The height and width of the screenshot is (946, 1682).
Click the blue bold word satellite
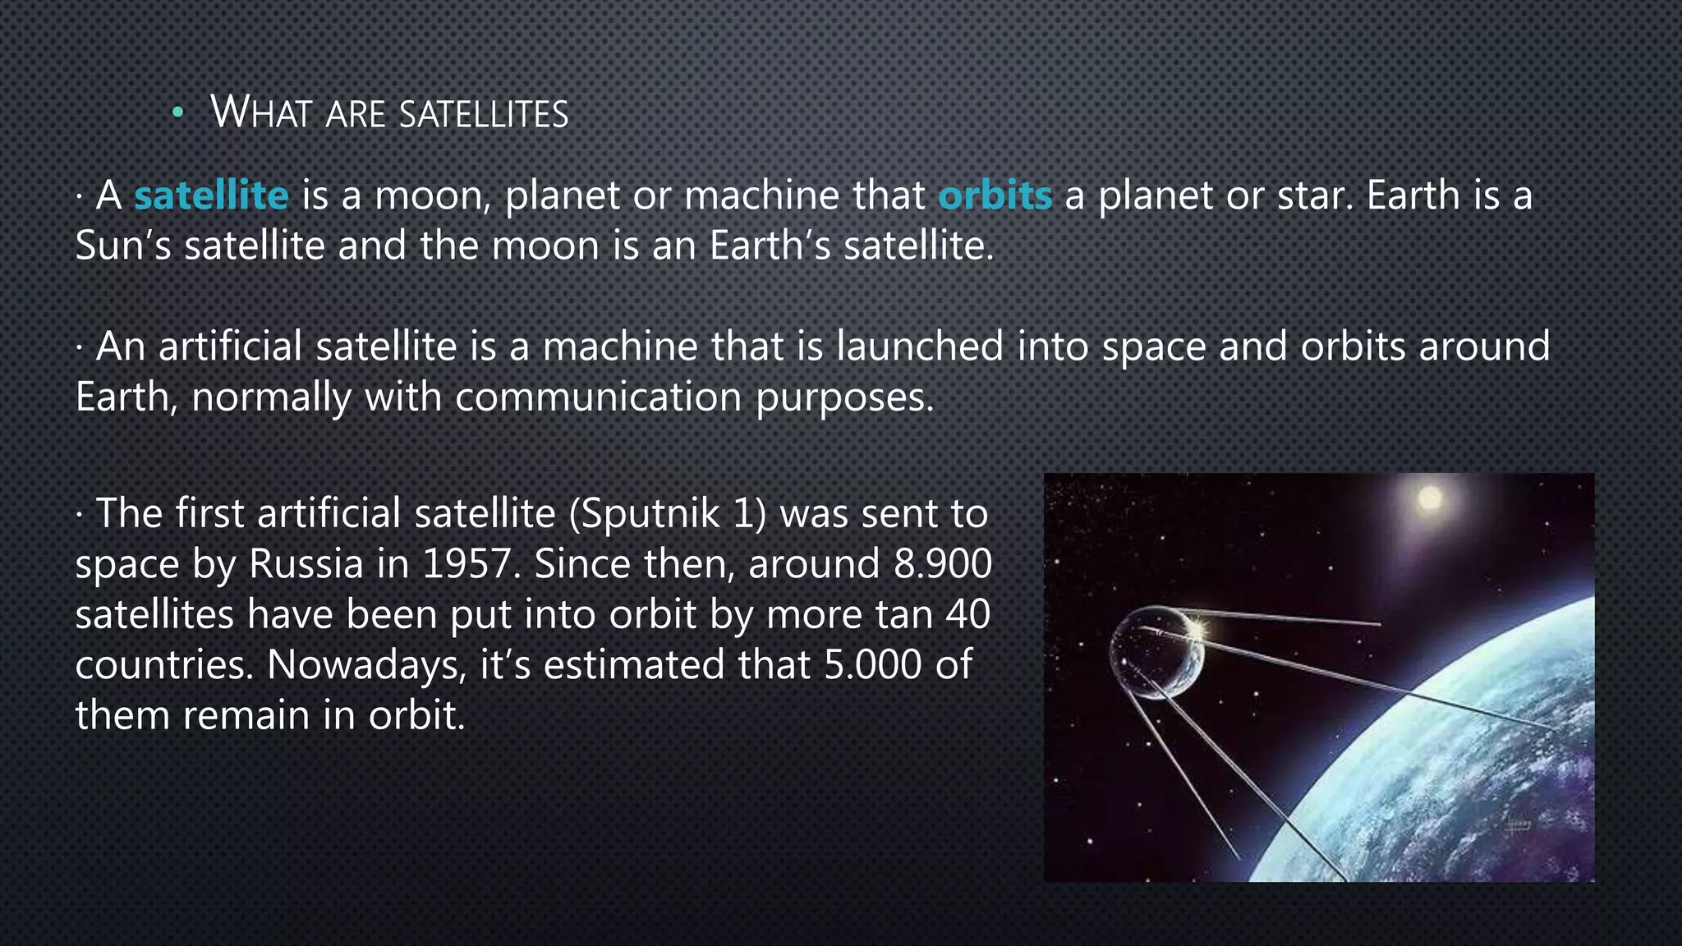coord(211,195)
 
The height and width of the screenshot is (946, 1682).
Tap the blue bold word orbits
coord(995,195)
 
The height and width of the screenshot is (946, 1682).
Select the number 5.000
coord(872,664)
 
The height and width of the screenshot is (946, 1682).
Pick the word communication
coord(598,397)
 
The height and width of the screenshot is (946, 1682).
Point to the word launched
coord(920,347)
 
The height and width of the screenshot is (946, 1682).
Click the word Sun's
coord(123,246)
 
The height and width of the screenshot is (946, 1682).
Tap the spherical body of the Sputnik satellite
coord(1156,654)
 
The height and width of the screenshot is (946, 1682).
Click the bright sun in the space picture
coord(1430,498)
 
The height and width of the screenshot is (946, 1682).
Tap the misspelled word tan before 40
coord(904,614)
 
